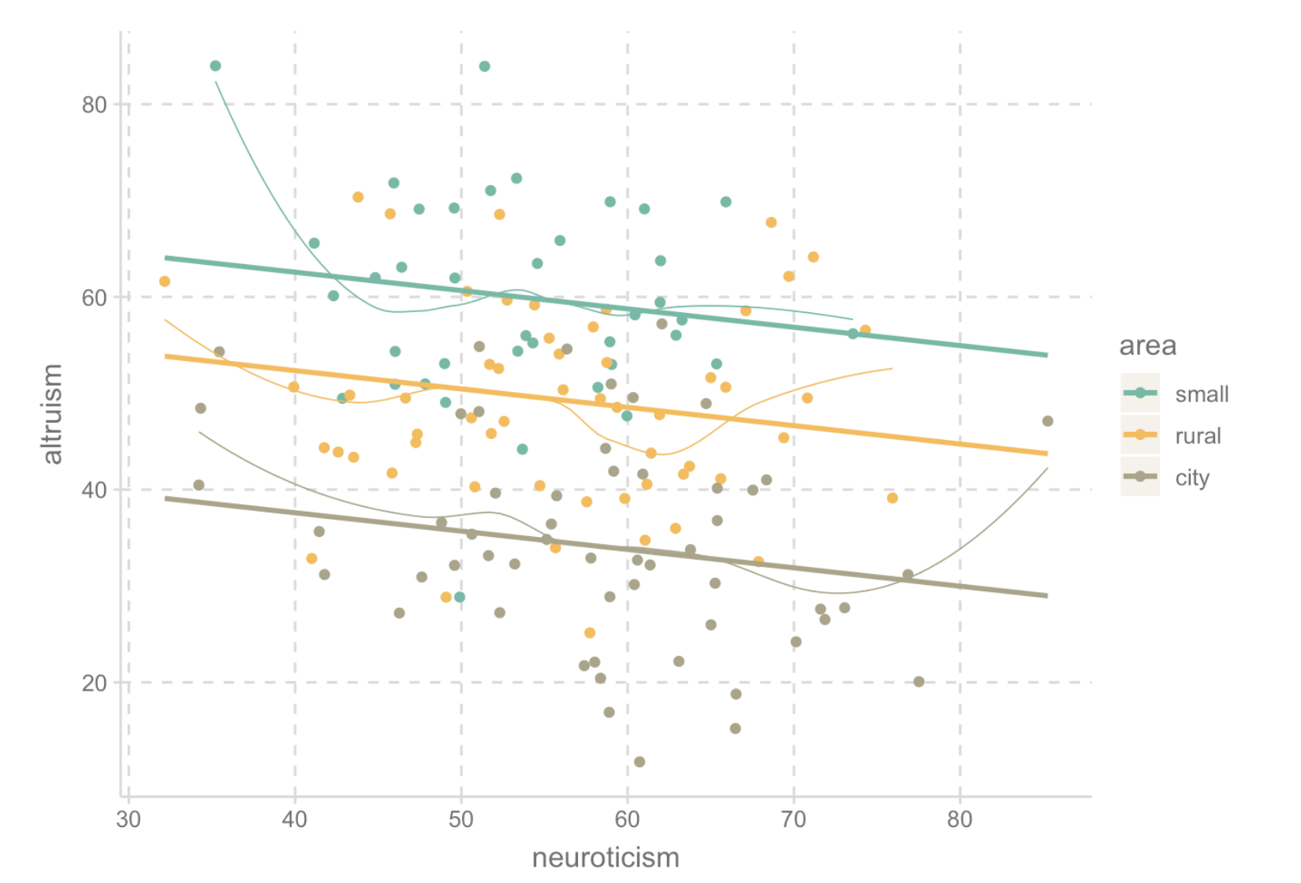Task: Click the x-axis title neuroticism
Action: tap(605, 857)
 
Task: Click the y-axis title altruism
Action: tap(52, 414)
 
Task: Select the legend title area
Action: tap(1147, 345)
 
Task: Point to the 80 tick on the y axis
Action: tap(94, 105)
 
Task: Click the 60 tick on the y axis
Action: tap(94, 298)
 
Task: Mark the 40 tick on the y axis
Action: tap(94, 490)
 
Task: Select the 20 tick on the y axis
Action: tap(94, 683)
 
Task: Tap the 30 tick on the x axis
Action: tap(129, 820)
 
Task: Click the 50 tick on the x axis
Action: tap(461, 820)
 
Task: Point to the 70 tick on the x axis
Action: tap(794, 820)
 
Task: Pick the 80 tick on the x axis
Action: tap(960, 820)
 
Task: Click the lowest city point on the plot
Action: tap(639, 762)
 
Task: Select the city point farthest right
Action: tap(1047, 421)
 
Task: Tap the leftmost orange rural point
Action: tap(165, 281)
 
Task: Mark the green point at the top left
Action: tap(215, 66)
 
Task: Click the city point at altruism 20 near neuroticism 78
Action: tap(919, 681)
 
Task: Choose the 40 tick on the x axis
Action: tap(295, 820)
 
